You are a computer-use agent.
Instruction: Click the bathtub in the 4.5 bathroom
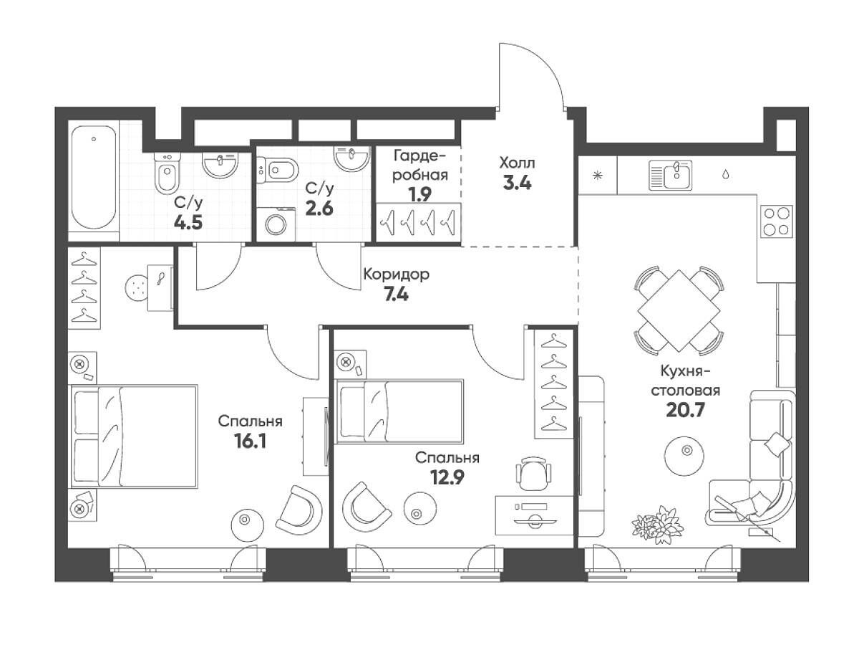coord(94,177)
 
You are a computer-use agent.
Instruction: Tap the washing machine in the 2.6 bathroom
coord(276,224)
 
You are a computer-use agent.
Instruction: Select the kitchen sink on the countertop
coord(670,175)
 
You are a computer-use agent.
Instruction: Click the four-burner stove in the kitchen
coord(777,221)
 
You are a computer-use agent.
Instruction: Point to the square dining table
coord(679,310)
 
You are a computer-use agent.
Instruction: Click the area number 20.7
coord(685,410)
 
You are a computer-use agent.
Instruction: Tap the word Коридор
coord(396,274)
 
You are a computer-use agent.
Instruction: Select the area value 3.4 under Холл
coord(517,183)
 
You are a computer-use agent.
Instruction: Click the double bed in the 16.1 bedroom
coord(133,436)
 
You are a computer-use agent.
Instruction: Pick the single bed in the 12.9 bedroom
coord(399,411)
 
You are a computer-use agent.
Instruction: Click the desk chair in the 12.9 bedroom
coord(533,473)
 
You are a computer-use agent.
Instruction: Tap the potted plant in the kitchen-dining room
coord(657,524)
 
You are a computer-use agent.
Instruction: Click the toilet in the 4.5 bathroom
coord(168,173)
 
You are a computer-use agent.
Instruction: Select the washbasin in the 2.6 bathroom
coord(351,158)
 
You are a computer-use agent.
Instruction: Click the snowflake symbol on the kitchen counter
coord(597,175)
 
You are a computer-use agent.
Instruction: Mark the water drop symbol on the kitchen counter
coord(726,174)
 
